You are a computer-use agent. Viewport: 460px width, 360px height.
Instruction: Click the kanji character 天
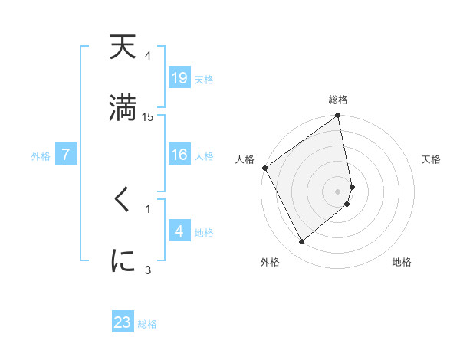[123, 49]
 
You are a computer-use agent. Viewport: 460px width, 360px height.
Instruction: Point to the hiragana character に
[123, 260]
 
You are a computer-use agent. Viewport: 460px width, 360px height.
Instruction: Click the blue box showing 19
[179, 77]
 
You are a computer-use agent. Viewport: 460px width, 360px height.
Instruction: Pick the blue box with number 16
[179, 155]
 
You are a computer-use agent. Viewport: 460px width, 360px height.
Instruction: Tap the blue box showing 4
[179, 231]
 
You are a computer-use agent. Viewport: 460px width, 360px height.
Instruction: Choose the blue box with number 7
[66, 155]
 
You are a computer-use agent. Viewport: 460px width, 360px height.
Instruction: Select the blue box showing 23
[123, 322]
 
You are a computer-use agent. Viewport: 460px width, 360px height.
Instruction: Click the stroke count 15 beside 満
[148, 116]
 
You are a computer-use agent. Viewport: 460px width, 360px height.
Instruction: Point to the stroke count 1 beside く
[148, 208]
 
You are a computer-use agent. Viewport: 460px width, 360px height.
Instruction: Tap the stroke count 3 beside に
[148, 269]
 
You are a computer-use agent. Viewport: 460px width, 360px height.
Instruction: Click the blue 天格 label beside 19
[204, 79]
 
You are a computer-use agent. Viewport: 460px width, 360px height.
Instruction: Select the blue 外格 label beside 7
[41, 155]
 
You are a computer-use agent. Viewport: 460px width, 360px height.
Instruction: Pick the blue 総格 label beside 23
[147, 324]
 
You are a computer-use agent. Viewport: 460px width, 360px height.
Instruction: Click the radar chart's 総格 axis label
[338, 100]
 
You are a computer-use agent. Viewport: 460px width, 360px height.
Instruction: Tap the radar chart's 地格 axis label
[402, 262]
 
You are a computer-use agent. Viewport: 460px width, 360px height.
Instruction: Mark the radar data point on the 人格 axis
[264, 168]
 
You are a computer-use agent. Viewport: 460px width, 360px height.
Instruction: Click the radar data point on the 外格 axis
[301, 241]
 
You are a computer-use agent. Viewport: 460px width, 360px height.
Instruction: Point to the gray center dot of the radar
[338, 191]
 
